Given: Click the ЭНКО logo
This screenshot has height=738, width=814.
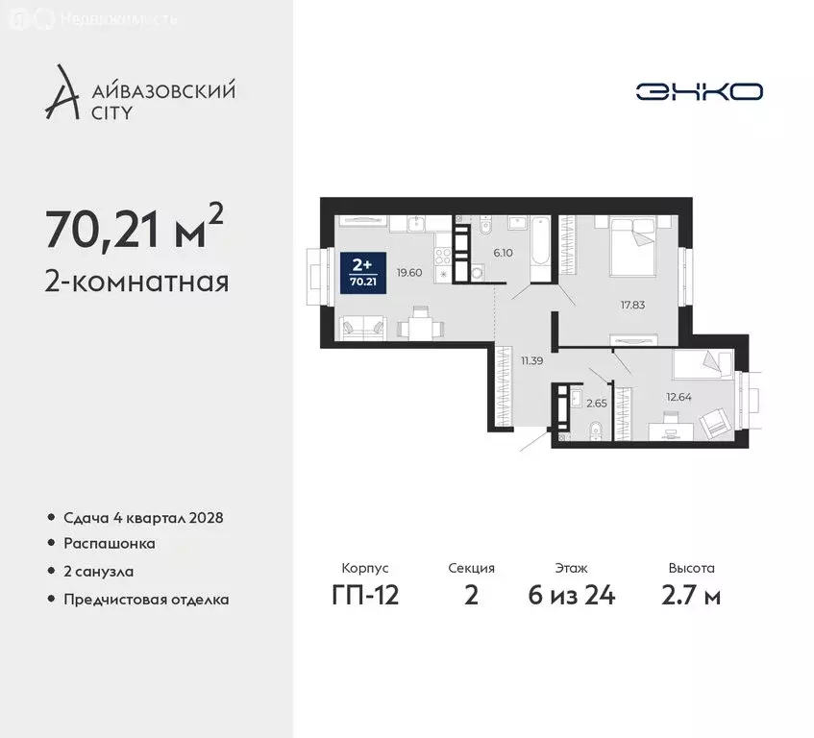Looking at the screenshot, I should [x=699, y=91].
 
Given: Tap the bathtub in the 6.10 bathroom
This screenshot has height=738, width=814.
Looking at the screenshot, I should [x=539, y=248].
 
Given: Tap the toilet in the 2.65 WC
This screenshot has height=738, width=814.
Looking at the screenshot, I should [x=596, y=429].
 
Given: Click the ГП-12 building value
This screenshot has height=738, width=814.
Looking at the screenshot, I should [x=364, y=596].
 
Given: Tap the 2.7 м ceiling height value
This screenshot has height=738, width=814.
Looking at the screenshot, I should [x=691, y=596].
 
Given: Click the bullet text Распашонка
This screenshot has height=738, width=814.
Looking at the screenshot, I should [x=110, y=544].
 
